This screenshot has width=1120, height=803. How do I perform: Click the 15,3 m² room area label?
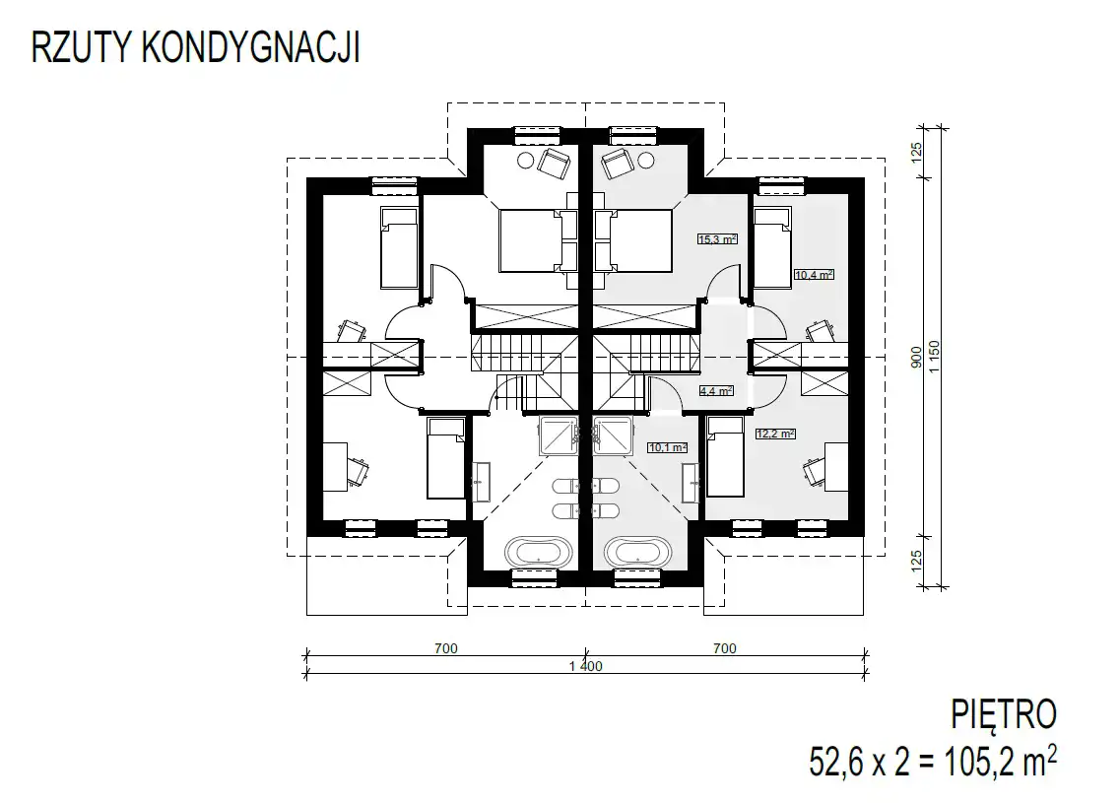tap(716, 239)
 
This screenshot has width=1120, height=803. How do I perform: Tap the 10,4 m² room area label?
tap(815, 274)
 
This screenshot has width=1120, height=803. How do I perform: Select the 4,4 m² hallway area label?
tap(716, 391)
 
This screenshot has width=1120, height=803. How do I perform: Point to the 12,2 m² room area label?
tap(775, 434)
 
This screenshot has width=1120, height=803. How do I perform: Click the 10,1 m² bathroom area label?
tap(668, 448)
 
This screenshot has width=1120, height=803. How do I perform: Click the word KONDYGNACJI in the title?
tap(251, 48)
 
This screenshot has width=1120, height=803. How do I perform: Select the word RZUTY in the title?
tap(81, 48)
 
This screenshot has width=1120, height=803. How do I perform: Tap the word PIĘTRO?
tap(1004, 714)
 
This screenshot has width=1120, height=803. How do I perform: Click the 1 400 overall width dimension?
tap(586, 667)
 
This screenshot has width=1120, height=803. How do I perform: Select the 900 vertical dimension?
tap(917, 358)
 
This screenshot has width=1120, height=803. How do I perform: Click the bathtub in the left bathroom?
tap(539, 552)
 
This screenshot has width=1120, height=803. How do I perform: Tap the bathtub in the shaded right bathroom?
tap(638, 552)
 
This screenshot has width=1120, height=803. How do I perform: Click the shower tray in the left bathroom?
tap(559, 435)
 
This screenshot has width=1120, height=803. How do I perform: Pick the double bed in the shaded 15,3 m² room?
tap(633, 240)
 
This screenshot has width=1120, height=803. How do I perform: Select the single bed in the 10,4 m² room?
tap(773, 248)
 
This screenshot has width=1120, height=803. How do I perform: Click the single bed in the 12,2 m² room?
tap(725, 457)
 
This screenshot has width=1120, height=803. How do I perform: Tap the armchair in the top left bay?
tap(555, 163)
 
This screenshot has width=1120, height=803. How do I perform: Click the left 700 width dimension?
tap(445, 648)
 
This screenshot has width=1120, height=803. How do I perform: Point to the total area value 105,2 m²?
tap(1001, 761)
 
